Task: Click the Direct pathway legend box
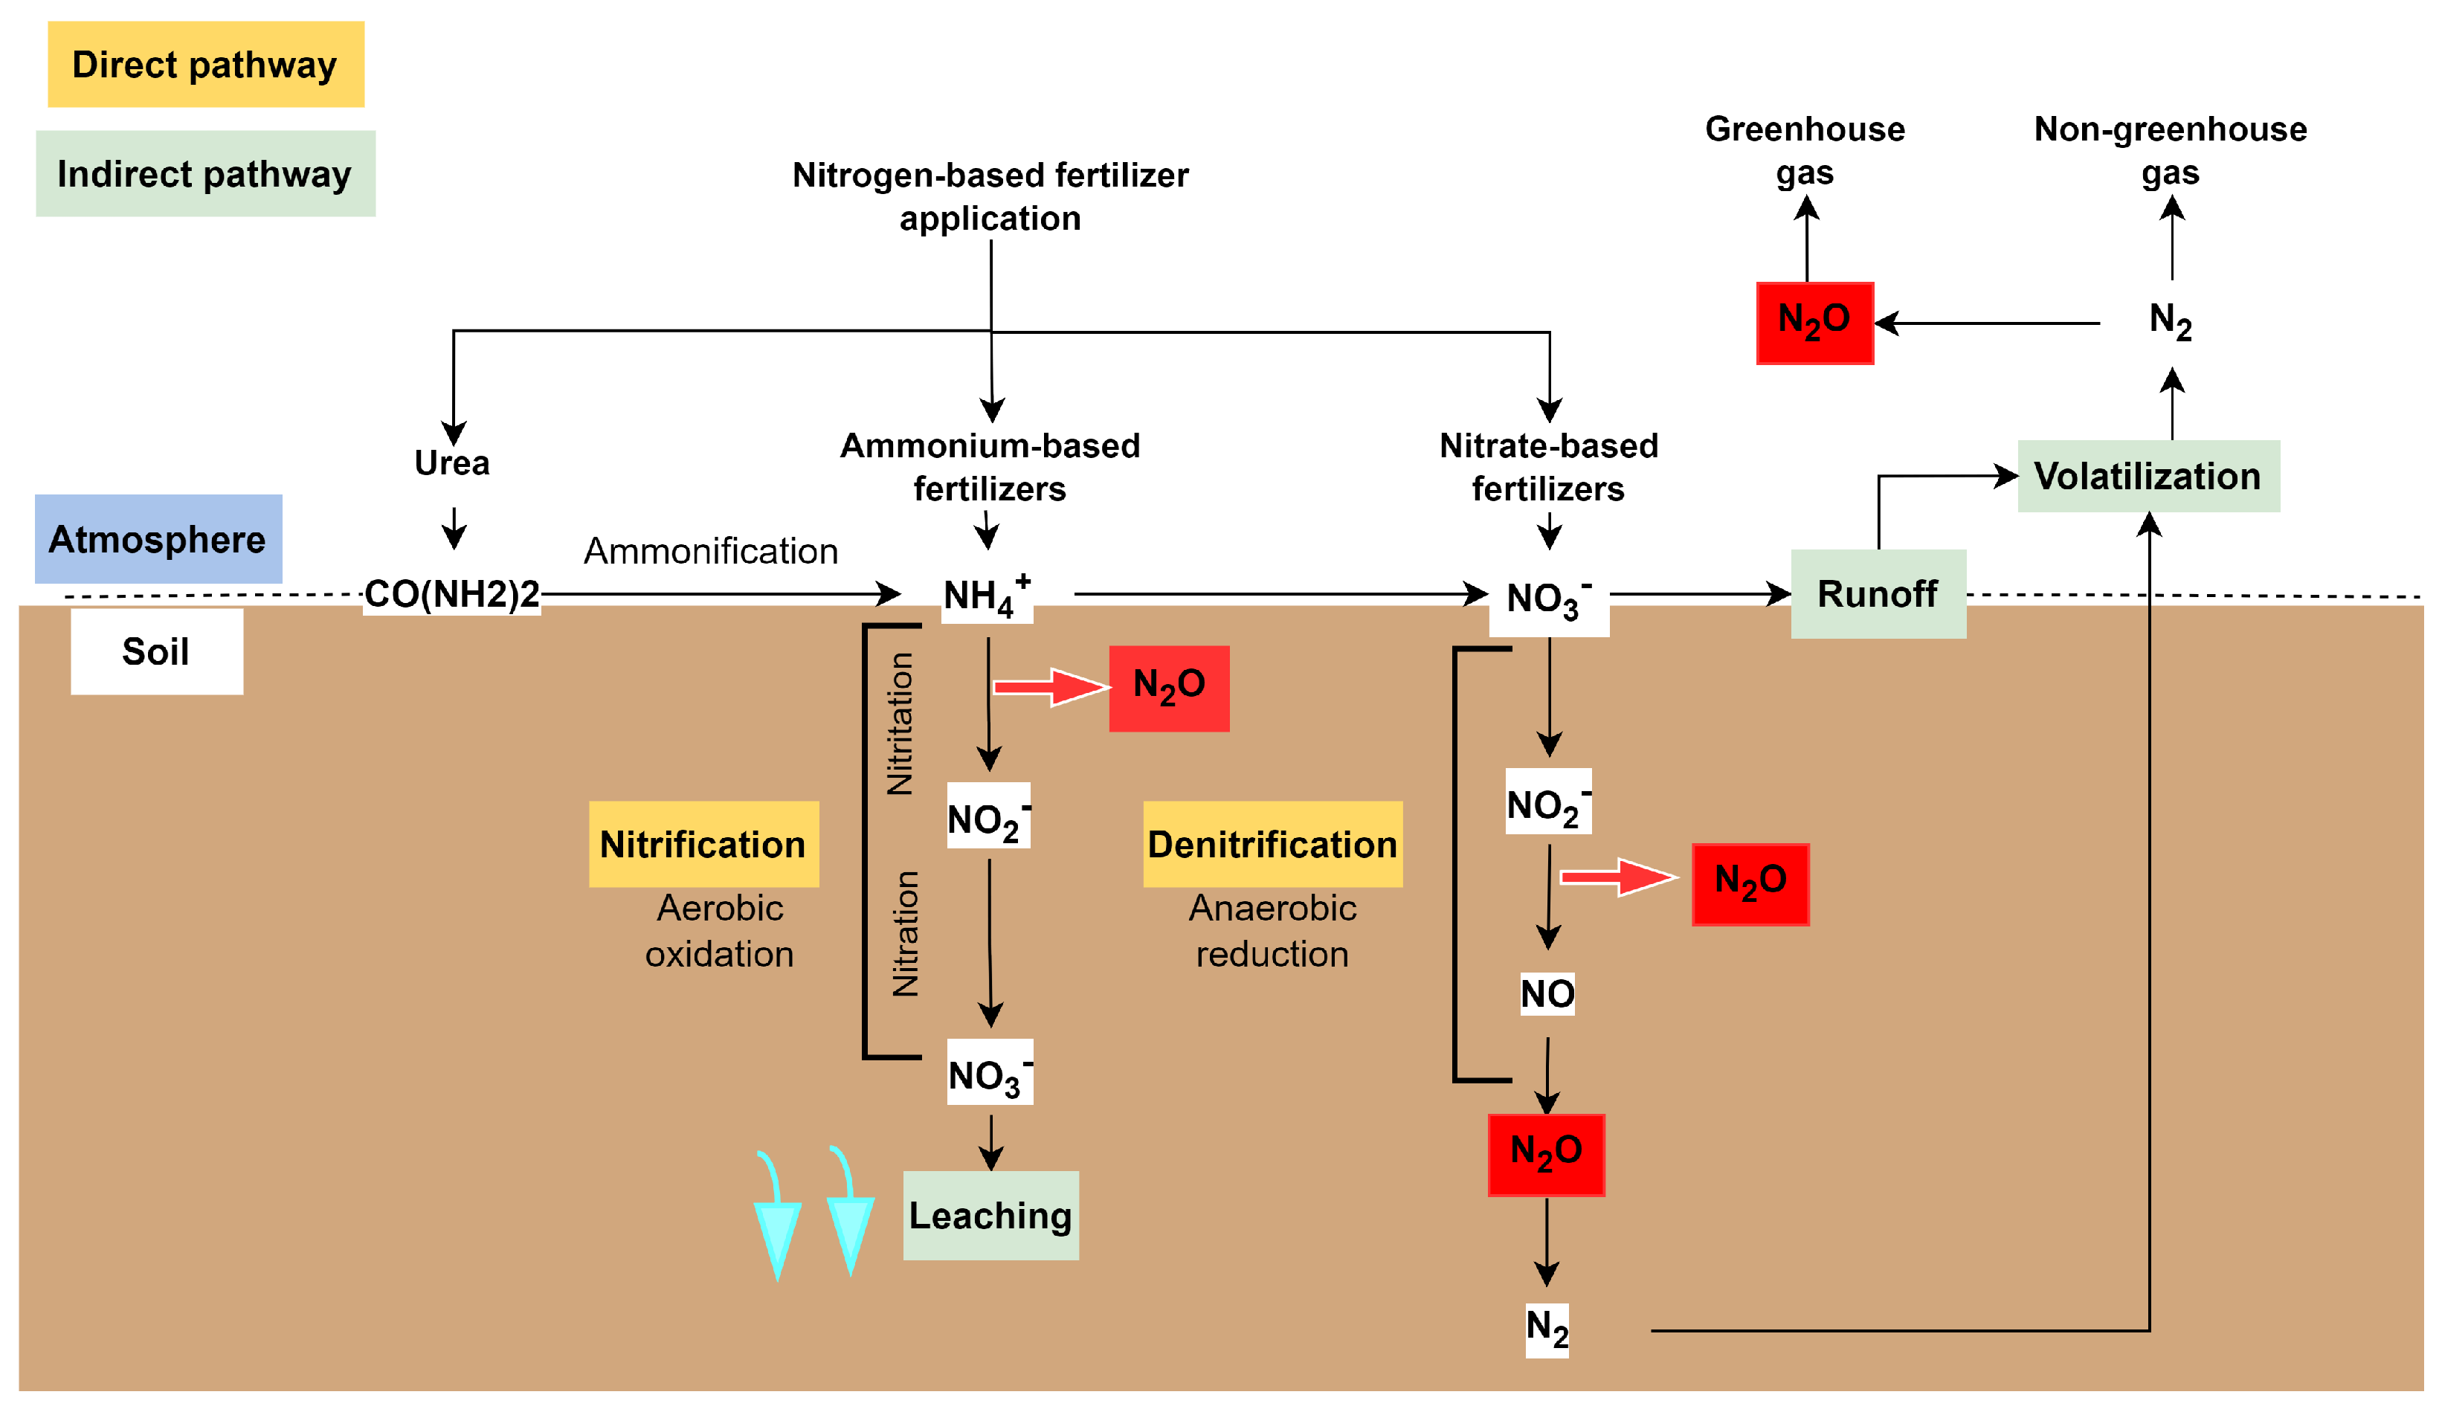click(205, 65)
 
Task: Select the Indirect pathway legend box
click(205, 174)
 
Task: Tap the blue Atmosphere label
click(158, 539)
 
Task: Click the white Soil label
click(156, 651)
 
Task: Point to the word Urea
click(452, 462)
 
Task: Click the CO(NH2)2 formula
click(451, 594)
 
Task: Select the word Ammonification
click(710, 551)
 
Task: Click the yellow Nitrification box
click(703, 844)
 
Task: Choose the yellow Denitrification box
click(1272, 844)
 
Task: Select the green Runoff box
click(1878, 594)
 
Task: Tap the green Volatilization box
click(2148, 476)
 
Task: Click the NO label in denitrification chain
click(1547, 994)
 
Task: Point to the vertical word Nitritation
click(900, 724)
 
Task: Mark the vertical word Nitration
click(905, 934)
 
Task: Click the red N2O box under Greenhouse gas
click(1814, 322)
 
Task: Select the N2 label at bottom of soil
click(1547, 1329)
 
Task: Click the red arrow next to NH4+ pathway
click(1050, 687)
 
